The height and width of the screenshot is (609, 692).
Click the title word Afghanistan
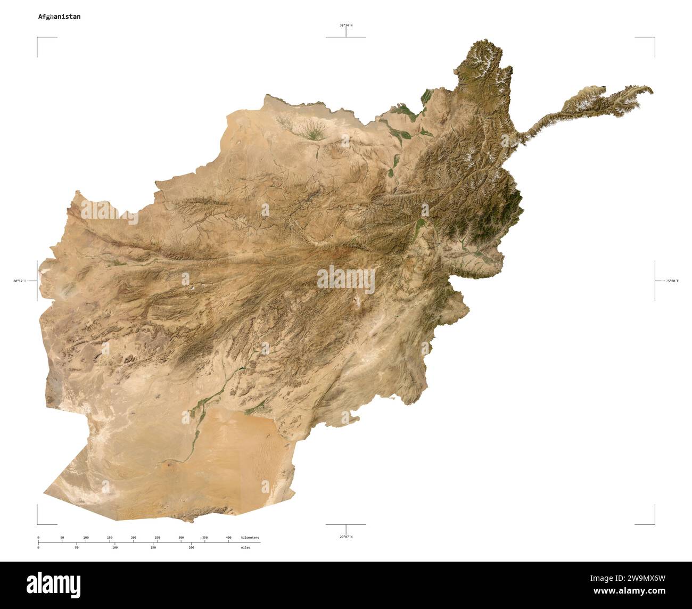[x=59, y=17]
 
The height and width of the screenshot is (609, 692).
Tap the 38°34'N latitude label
[x=346, y=25]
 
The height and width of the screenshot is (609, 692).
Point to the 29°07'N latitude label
[x=346, y=537]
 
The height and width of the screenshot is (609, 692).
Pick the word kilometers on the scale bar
[x=250, y=538]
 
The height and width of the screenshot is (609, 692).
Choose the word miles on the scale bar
[x=245, y=547]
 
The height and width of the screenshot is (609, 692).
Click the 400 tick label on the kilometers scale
[x=228, y=538]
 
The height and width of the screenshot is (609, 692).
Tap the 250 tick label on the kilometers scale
[x=157, y=538]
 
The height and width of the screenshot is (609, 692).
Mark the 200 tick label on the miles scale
[x=191, y=547]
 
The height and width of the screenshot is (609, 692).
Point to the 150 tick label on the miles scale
[x=153, y=547]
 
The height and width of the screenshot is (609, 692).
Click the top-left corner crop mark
[x=38, y=38]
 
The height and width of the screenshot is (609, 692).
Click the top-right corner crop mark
[x=654, y=38]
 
